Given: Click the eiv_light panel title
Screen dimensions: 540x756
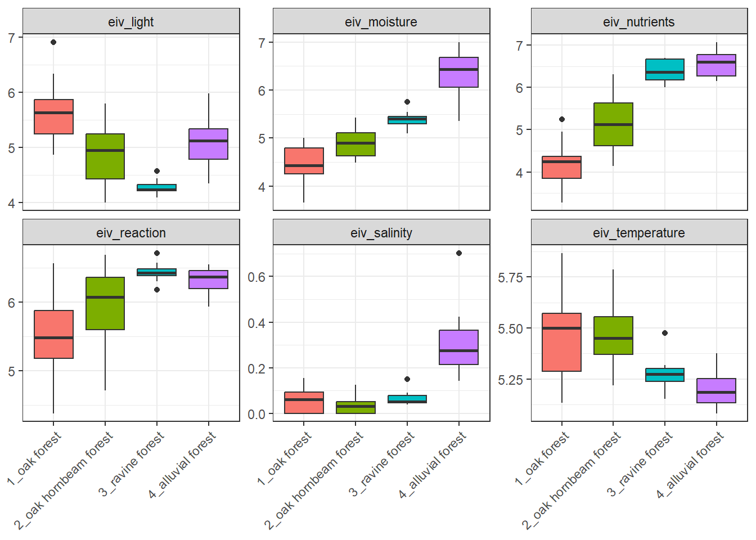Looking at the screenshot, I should point(131,22).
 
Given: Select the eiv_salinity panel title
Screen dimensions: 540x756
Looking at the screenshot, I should point(381,233).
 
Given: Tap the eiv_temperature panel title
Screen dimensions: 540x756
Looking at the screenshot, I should point(639,233).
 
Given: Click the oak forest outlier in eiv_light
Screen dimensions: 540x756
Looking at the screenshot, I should point(53,42).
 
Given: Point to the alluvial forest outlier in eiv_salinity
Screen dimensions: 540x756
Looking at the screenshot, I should point(459,253).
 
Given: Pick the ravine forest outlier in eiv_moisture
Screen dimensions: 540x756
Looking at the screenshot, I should point(407,102).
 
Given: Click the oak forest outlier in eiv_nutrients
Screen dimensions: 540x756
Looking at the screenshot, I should point(562,119).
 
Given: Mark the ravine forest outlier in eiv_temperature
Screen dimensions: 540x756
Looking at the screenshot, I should point(665,333).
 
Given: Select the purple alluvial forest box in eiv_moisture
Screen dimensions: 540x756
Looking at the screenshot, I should point(459,72).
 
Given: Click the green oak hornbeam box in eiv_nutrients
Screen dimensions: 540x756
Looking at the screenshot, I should point(613,124).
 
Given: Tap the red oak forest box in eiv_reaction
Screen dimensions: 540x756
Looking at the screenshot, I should point(53,334).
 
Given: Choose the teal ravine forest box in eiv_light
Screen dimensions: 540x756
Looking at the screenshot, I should point(157,187).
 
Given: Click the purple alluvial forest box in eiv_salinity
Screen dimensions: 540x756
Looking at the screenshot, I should point(459,347).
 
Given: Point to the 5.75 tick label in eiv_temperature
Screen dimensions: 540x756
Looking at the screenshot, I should point(510,277).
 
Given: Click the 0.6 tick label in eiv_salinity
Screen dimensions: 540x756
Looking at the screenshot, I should point(256,277).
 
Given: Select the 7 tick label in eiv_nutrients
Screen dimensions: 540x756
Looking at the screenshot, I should point(519,46).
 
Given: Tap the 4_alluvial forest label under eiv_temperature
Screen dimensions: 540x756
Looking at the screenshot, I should point(690,465).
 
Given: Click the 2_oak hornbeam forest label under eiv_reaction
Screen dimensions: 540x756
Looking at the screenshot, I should point(64,480).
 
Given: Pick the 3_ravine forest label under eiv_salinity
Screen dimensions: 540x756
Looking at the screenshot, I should point(382,464).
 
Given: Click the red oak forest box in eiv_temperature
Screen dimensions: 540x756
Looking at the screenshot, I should point(562,342).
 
